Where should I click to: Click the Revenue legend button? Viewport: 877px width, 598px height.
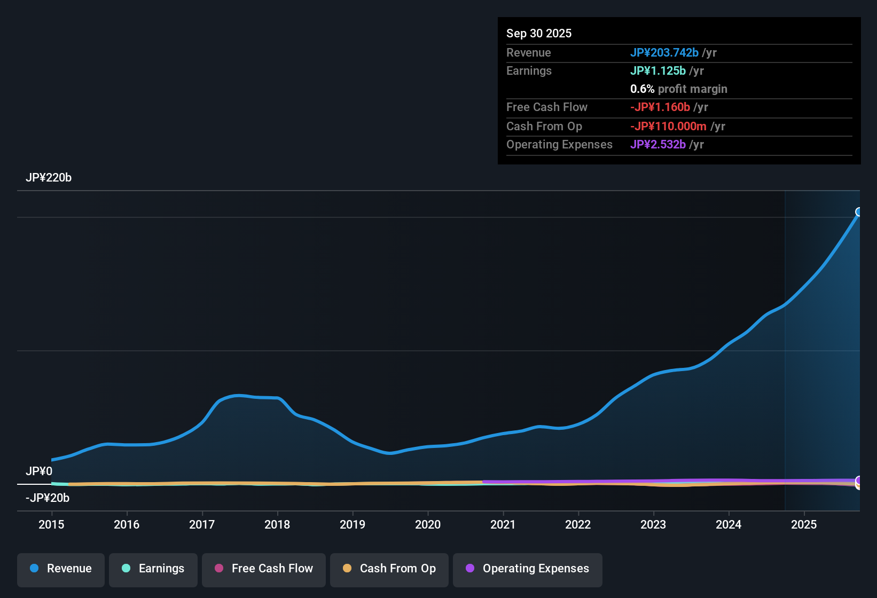61,569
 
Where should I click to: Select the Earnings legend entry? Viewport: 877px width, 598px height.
153,569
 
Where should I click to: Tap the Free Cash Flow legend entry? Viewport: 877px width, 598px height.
264,569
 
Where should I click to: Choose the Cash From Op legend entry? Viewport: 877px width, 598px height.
389,569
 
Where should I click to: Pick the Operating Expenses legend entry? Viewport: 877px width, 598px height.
528,569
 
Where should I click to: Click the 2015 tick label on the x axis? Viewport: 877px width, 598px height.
51,524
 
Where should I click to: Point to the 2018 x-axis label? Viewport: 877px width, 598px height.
277,524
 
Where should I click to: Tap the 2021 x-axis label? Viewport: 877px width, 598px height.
503,524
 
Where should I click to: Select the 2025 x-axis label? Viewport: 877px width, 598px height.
803,524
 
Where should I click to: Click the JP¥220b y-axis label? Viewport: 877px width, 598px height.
49,178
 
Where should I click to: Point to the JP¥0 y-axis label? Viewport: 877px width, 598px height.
39,471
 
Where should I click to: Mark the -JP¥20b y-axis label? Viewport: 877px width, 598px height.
48,498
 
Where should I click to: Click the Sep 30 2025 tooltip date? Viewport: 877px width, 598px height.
538,33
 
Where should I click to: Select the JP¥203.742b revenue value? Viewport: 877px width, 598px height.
664,52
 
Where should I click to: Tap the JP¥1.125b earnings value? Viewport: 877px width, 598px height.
657,70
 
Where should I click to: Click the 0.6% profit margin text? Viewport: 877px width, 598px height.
678,89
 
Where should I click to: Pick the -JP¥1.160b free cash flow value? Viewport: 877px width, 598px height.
660,107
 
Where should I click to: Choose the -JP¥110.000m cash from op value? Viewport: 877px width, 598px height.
668,126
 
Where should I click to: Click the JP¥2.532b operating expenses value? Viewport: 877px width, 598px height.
657,144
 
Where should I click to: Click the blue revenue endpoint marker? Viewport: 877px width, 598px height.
859,212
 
